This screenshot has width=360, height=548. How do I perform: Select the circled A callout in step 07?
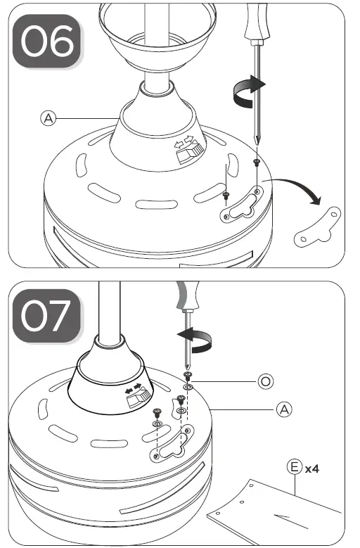(281, 407)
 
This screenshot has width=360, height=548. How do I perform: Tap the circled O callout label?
(265, 380)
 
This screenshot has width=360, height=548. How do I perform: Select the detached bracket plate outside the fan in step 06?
(317, 228)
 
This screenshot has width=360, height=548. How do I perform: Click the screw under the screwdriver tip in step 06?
(256, 163)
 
